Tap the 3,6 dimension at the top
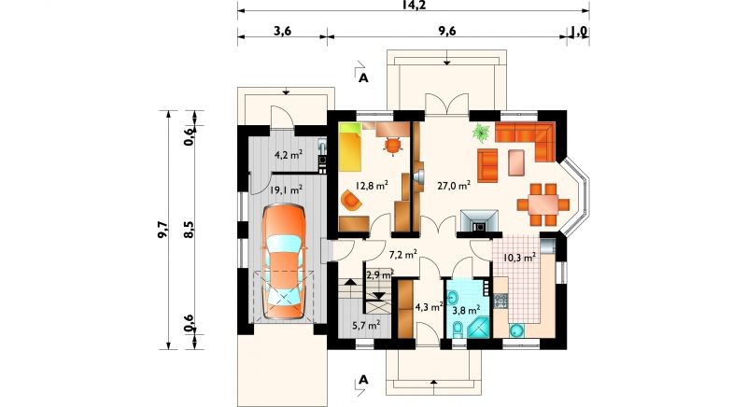(282, 31)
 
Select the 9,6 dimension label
(447, 31)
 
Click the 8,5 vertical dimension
(189, 229)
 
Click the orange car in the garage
(284, 261)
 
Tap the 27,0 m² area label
(454, 186)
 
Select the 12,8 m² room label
(372, 186)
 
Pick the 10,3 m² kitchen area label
(520, 258)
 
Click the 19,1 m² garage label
(286, 190)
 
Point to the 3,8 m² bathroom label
(466, 311)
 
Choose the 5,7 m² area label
(366, 326)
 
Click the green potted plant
(481, 132)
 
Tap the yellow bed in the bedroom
(351, 147)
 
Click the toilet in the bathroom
(458, 329)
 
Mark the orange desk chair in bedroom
(392, 146)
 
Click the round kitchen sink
(516, 330)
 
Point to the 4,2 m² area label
(289, 154)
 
